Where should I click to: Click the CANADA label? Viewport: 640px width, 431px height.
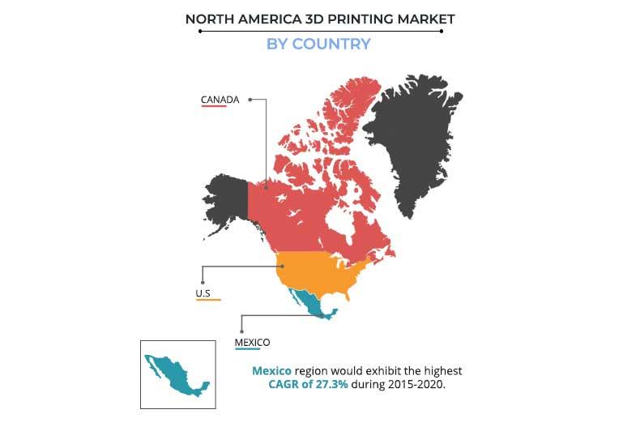click(x=220, y=100)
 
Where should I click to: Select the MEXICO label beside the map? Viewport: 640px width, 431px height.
click(x=252, y=342)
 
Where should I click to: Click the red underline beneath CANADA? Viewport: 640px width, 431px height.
click(x=220, y=107)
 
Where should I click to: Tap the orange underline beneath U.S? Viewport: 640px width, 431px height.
click(x=208, y=300)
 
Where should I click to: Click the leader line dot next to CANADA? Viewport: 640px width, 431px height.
click(x=250, y=100)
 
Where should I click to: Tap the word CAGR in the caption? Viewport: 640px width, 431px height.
click(x=284, y=384)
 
